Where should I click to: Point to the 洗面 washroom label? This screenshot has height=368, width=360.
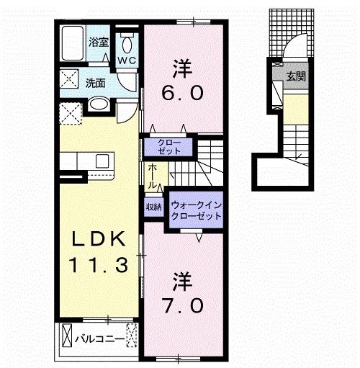coord(96,83)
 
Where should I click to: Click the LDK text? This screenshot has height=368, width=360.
coord(100,239)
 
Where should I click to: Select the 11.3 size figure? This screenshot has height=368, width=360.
coord(100,265)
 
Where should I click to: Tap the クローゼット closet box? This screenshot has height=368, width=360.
coord(171,147)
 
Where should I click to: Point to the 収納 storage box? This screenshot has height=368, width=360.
coord(154,207)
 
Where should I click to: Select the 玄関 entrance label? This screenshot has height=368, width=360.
coord(294,76)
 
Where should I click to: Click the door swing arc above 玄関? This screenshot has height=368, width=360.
coord(294,49)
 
